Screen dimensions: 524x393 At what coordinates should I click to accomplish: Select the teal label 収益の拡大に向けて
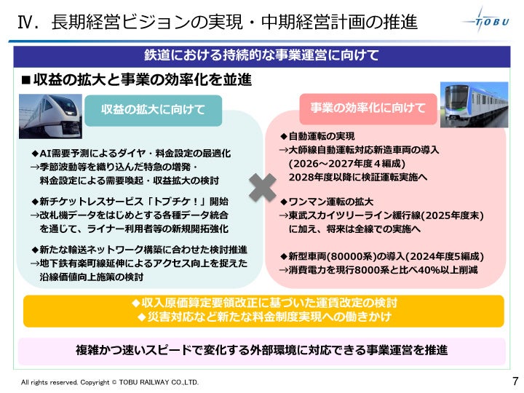[x=154, y=110]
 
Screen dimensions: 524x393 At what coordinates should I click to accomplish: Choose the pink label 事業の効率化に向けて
[x=368, y=108]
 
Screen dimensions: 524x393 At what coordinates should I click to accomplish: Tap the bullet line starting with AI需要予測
[x=130, y=154]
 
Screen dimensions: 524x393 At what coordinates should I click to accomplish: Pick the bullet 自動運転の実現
[x=317, y=136]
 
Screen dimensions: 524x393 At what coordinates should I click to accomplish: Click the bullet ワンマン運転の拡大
[x=327, y=201]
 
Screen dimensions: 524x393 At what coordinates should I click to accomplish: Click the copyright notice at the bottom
[x=109, y=382]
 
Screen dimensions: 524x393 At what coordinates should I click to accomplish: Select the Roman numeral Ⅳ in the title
[x=27, y=23]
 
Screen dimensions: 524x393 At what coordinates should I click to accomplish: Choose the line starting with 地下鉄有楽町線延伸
[x=138, y=263]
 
